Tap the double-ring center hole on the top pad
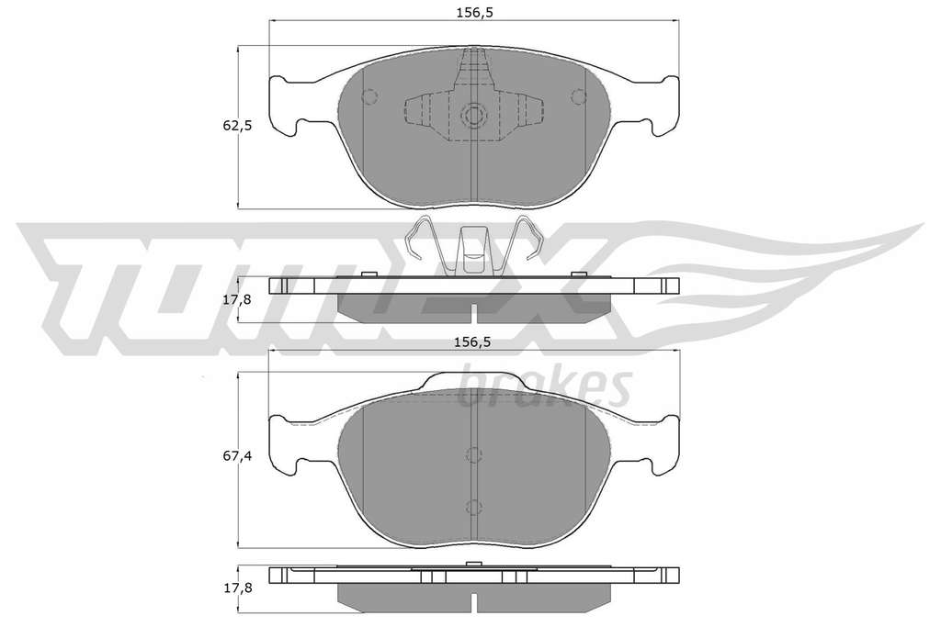coord(474,115)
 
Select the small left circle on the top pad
coord(369,95)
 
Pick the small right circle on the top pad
coord(579,95)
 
